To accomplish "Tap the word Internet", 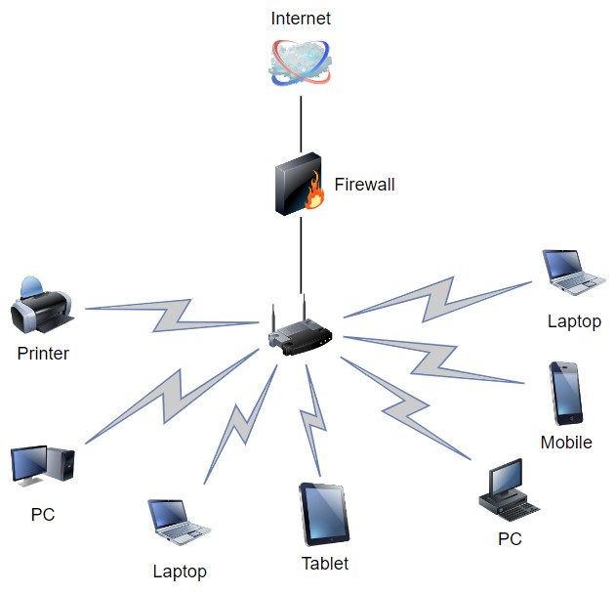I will coord(301,19).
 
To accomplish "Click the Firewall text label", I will coord(364,184).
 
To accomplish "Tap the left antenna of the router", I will coord(274,318).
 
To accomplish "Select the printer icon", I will coord(42,306).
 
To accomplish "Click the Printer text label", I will coord(43,354).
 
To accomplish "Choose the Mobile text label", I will coord(566,443).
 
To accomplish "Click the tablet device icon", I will coord(324,514).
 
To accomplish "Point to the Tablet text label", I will coord(325,564).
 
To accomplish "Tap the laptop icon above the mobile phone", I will coord(573,273).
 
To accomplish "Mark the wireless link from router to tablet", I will coord(315,420).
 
